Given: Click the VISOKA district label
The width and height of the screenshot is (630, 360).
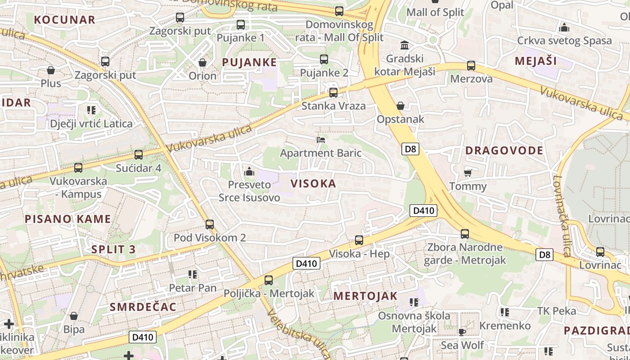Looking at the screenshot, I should point(313,184).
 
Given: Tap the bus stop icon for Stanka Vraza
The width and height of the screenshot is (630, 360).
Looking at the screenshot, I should point(333,93).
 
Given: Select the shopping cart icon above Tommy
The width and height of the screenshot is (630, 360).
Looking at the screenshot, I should point(468,173).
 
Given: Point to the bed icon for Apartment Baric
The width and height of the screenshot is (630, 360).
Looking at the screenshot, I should point(321,140).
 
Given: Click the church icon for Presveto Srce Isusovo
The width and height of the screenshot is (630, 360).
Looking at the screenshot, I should point(248,171).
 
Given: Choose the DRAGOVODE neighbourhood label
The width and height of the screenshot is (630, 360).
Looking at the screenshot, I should point(504,150).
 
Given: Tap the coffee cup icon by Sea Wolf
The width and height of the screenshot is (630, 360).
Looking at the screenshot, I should point(462,332).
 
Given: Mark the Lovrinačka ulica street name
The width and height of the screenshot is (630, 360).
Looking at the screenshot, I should point(562,216).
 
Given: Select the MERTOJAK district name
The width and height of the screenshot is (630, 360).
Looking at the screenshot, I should point(365,296).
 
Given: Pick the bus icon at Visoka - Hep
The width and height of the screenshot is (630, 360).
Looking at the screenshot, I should point(359,240).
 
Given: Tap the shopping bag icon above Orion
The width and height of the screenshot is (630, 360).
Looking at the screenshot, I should point(202,63).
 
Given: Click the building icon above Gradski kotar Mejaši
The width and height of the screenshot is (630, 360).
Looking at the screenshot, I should point(404,45).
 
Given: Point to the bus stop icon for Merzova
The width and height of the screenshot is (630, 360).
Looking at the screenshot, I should point(471,66).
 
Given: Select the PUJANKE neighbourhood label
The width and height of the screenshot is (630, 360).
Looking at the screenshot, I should point(249,63).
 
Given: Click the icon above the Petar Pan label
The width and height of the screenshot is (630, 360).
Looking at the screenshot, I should point(193,274).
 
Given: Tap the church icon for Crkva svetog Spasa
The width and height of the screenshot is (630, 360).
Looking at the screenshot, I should point(564,27).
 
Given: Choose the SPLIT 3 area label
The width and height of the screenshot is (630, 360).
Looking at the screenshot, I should point(113,249).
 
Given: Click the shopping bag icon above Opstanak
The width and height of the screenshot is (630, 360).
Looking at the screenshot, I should point(400,106).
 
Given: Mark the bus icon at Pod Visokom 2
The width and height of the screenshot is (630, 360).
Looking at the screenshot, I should point(209,225).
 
